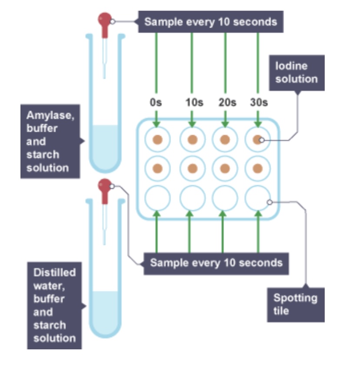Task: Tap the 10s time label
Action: pos(194,103)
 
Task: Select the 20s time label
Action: pos(227,103)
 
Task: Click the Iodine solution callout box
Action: pos(297,73)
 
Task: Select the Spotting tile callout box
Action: pos(295,305)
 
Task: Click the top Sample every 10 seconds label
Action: pos(210,22)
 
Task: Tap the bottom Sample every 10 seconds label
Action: pos(216,263)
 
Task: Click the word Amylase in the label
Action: pos(44,116)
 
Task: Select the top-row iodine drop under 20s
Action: pos(225,140)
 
